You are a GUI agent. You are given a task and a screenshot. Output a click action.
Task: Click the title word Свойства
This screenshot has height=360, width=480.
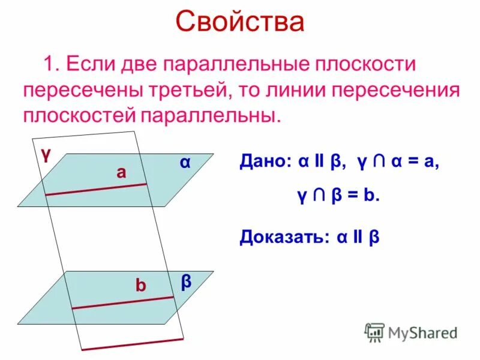(240, 22)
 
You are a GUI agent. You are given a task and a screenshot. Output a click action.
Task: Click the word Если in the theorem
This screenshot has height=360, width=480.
(88, 64)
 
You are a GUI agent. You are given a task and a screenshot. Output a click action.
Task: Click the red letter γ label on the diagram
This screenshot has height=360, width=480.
(46, 154)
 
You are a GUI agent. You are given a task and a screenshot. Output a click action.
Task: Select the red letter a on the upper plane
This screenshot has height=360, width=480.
(122, 173)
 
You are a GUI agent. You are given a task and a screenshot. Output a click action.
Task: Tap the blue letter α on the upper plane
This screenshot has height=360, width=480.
(185, 163)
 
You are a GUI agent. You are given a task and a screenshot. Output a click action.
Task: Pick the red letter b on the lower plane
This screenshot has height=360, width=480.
(140, 286)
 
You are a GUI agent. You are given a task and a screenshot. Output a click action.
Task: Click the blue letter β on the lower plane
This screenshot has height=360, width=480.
(187, 281)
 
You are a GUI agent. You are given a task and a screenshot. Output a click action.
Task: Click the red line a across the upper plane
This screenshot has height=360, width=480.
(96, 190)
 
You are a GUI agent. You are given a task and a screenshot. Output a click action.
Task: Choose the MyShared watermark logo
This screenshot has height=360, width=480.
(412, 331)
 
